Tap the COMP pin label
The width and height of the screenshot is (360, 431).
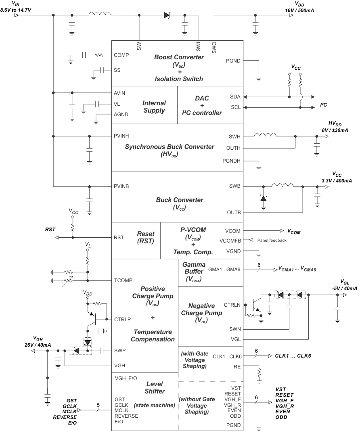(x=121, y=55)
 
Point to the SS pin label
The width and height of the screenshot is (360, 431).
(x=117, y=70)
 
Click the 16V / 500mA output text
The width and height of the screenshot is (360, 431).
(x=299, y=10)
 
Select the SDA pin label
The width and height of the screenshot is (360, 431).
(x=235, y=97)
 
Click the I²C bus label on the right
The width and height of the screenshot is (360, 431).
(x=323, y=105)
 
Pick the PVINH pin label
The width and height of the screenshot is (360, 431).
(x=122, y=136)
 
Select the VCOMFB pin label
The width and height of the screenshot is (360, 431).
(x=230, y=241)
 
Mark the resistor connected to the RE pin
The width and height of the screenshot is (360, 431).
(x=259, y=370)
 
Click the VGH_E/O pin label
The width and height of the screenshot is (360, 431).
(x=126, y=378)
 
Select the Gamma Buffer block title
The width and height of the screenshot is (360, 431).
(x=194, y=267)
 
